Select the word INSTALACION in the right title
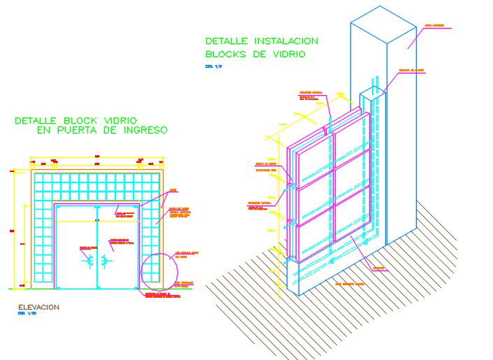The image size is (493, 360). (283, 41)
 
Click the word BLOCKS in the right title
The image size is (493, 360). (225, 54)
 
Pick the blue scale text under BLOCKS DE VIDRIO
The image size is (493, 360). (212, 66)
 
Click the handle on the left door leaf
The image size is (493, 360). (89, 261)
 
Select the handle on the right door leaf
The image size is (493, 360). (105, 261)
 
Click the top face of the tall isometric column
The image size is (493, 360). (378, 26)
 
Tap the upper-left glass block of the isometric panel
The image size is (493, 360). (312, 165)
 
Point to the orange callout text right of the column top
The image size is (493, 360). (434, 26)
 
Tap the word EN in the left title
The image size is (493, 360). (44, 130)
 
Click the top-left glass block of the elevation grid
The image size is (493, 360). (37, 178)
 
